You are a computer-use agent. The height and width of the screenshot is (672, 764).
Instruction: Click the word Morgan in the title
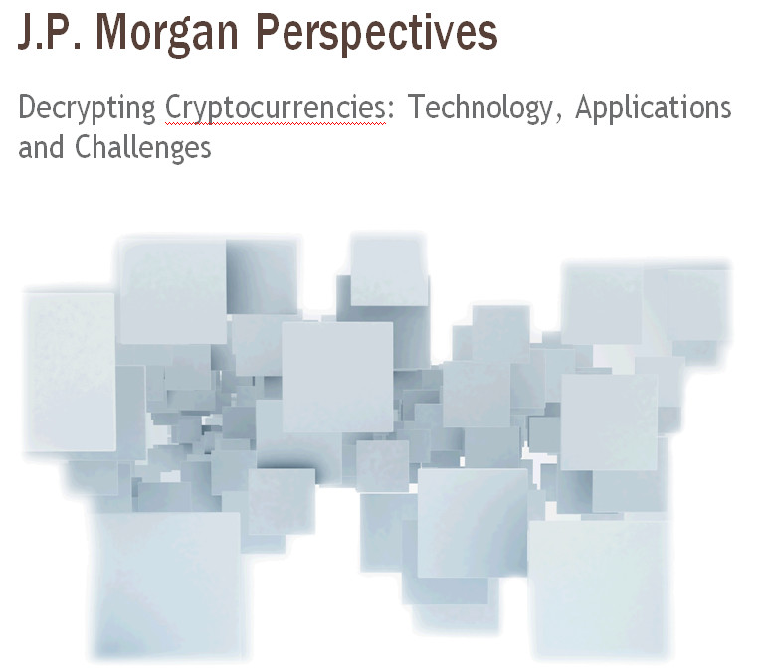pyautogui.click(x=167, y=33)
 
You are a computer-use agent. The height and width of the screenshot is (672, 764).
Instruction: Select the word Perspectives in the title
pyautogui.click(x=377, y=33)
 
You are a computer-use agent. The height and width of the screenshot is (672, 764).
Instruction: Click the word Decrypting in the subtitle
pyautogui.click(x=88, y=109)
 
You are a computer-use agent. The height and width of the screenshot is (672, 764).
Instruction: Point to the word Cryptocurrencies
pyautogui.click(x=276, y=109)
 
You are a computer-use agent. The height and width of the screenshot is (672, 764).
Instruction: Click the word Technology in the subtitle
pyautogui.click(x=481, y=109)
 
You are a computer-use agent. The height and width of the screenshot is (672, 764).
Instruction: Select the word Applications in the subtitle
pyautogui.click(x=654, y=108)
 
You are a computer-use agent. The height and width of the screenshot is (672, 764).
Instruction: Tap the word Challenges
pyautogui.click(x=143, y=148)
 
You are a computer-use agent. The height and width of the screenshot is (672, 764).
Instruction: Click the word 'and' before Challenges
pyautogui.click(x=41, y=148)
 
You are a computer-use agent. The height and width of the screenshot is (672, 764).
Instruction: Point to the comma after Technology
pyautogui.click(x=558, y=117)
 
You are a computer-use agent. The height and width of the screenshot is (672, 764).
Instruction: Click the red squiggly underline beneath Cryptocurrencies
pyautogui.click(x=276, y=124)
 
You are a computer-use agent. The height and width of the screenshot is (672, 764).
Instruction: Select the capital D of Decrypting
pyautogui.click(x=27, y=106)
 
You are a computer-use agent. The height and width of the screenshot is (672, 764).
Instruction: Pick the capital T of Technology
pyautogui.click(x=417, y=106)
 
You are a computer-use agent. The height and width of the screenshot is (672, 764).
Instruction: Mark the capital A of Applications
pyautogui.click(x=585, y=106)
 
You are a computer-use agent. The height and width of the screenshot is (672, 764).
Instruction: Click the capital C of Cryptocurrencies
pyautogui.click(x=173, y=106)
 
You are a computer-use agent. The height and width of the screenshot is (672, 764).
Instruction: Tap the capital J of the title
pyautogui.click(x=25, y=32)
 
